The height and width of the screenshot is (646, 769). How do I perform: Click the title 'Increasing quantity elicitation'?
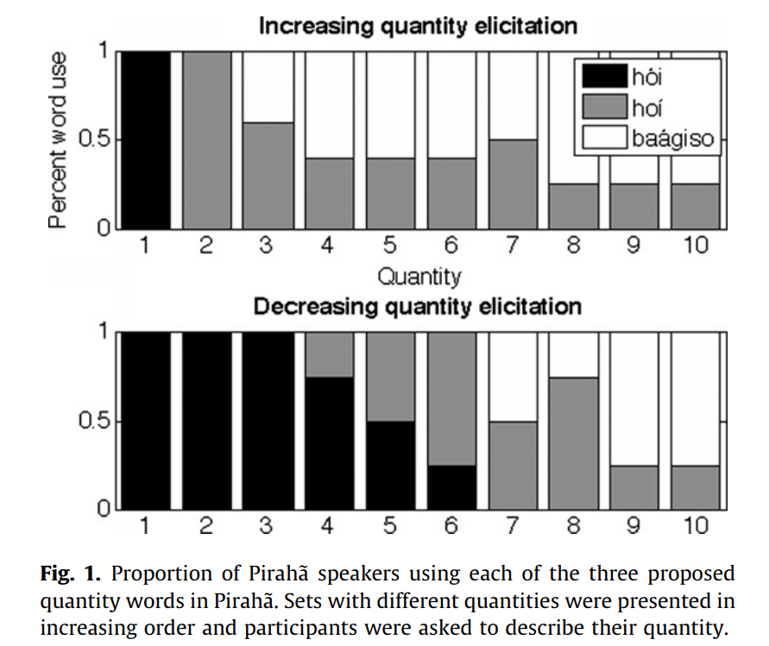click(418, 26)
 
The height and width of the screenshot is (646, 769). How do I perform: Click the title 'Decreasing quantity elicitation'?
click(417, 306)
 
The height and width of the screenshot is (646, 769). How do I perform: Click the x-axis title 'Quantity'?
click(419, 277)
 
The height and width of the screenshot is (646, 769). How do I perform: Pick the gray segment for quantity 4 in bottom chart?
click(330, 354)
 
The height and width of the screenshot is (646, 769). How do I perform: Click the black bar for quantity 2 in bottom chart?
click(206, 420)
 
